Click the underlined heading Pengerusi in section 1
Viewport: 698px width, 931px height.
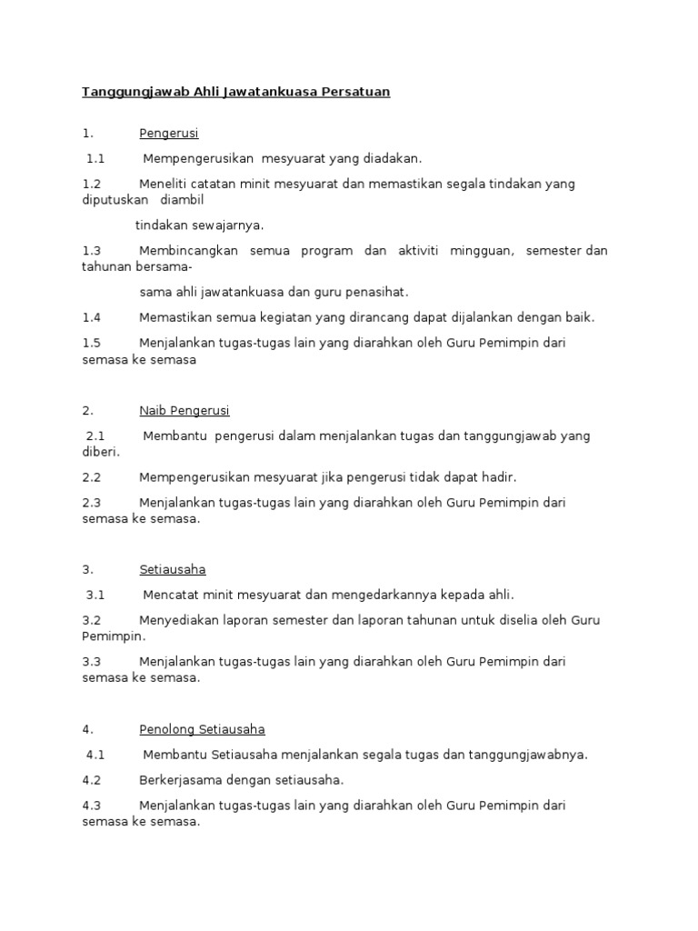(169, 134)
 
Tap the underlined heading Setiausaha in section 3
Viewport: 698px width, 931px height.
(173, 570)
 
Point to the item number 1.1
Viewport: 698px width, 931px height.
(95, 159)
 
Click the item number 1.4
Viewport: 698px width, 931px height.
(91, 317)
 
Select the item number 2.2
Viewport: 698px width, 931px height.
(91, 477)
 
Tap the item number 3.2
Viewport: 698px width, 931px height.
(91, 620)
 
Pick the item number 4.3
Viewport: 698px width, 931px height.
(91, 806)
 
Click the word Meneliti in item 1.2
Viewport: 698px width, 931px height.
(165, 184)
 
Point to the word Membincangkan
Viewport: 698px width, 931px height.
(189, 251)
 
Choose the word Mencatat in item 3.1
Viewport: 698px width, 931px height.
(170, 596)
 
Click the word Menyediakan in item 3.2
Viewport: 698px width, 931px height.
(178, 620)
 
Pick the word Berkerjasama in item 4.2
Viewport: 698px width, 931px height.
(180, 780)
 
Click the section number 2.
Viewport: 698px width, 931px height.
(87, 411)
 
